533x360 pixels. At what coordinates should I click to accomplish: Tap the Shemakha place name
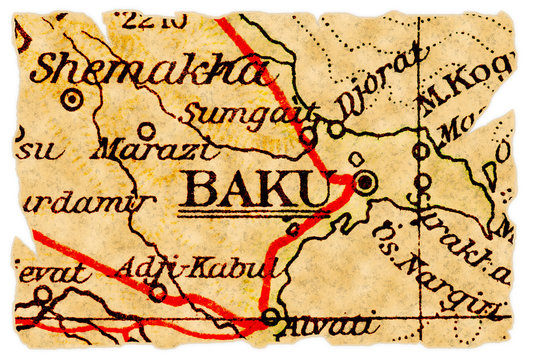150,69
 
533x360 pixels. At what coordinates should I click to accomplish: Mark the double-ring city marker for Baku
366,182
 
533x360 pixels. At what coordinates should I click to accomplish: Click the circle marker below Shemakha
72,99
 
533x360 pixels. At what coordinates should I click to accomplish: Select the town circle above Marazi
147,130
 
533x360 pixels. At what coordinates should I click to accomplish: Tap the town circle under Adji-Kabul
157,292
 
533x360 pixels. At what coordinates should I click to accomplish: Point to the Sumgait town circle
308,133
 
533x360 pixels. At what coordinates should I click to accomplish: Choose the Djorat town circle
337,129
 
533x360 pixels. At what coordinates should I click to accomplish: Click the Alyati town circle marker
271,319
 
